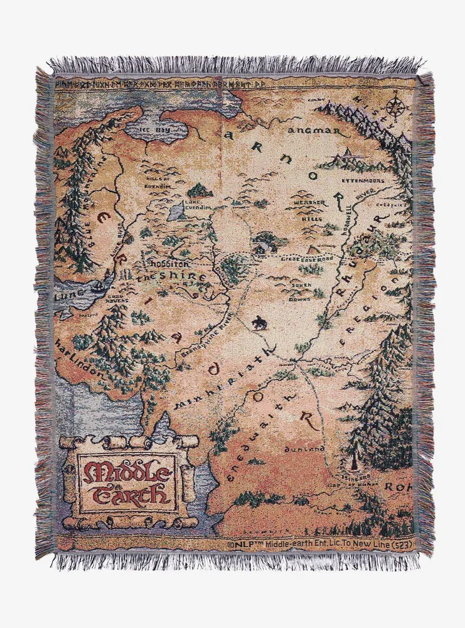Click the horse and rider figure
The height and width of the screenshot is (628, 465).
[x=257, y=322]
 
